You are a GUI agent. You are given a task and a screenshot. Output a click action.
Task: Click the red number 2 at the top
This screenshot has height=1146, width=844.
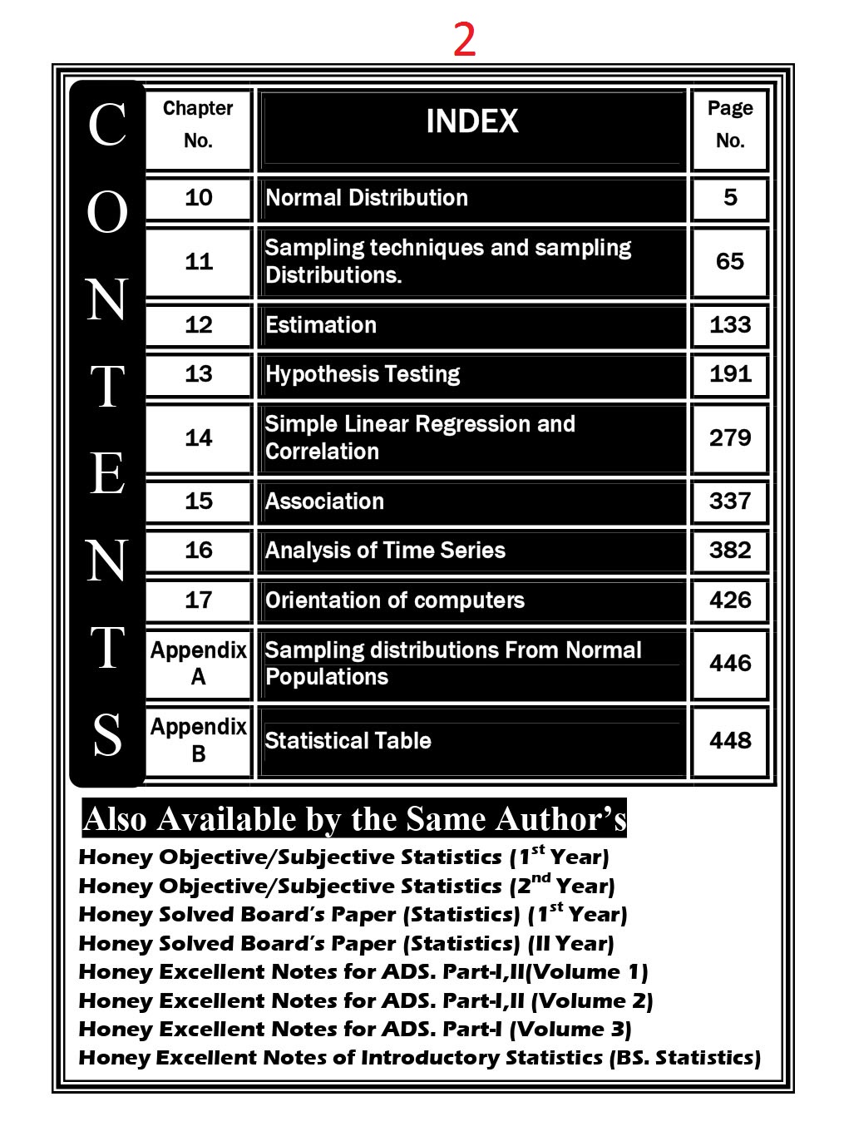(x=464, y=39)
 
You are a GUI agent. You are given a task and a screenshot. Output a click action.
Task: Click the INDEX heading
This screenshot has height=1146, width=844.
(x=471, y=122)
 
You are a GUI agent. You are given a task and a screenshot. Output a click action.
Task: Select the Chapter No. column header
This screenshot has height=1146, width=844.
(x=198, y=124)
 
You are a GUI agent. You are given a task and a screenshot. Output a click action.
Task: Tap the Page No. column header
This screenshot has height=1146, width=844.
(x=729, y=124)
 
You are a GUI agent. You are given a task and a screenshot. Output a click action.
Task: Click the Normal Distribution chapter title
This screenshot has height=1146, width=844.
(x=367, y=198)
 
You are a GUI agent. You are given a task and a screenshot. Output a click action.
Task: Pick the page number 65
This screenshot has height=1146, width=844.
(x=729, y=261)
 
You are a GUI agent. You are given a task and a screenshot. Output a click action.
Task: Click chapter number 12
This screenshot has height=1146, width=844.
(x=198, y=324)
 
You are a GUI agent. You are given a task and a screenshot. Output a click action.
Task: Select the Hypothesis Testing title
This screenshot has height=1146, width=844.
(x=363, y=374)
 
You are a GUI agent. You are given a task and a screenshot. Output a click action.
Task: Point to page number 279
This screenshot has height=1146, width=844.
(x=729, y=437)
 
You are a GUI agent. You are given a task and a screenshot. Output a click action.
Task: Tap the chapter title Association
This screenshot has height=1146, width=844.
(x=324, y=501)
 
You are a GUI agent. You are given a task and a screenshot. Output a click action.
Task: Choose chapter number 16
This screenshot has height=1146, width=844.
(x=198, y=551)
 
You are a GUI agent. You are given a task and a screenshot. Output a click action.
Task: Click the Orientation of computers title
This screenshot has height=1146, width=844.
(x=395, y=600)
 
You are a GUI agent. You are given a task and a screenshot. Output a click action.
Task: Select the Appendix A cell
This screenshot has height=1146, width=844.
(x=198, y=663)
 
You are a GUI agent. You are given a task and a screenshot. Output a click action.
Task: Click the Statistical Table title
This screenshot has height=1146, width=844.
(x=348, y=740)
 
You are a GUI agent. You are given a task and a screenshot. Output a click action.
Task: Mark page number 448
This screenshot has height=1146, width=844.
(x=729, y=740)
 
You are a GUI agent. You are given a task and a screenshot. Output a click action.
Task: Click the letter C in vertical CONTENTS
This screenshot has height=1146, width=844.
(x=107, y=125)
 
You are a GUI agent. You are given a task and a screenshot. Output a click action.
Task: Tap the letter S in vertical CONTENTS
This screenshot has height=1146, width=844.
(x=107, y=735)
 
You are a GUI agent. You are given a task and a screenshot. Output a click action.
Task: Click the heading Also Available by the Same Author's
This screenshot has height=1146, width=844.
(x=354, y=819)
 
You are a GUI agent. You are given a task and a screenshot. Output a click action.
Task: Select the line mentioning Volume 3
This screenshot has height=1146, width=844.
(x=355, y=1030)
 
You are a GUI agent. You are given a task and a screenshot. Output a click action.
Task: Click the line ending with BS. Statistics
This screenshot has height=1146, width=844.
(x=420, y=1058)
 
